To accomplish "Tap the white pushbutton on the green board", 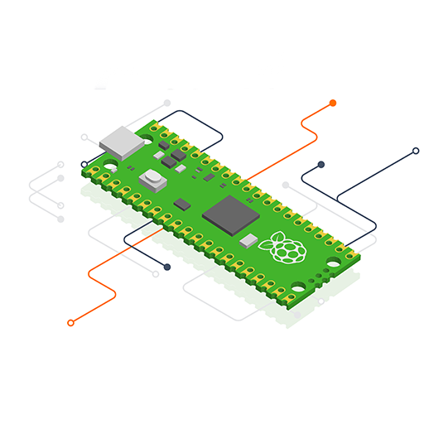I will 153,177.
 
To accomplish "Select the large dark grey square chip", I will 231,214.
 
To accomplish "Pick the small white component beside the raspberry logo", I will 249,240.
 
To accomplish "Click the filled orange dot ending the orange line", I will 333,103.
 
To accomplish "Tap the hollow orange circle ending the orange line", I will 70,323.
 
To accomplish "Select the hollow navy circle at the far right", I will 416,152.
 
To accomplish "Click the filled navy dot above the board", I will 320,165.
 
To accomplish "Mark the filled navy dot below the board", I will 167,267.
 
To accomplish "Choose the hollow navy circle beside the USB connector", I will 84,164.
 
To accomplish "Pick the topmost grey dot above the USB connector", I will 167,104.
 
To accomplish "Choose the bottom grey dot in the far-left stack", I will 60,219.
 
